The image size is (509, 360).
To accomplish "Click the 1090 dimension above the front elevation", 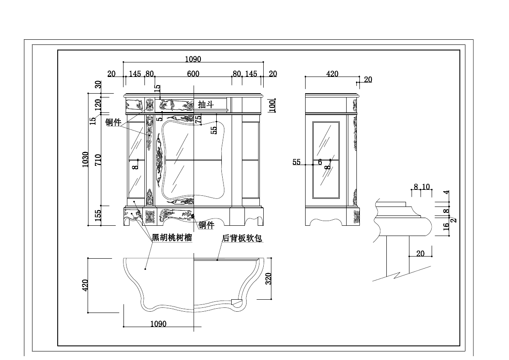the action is (x=193, y=59).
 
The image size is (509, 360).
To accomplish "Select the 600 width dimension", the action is (x=193, y=74).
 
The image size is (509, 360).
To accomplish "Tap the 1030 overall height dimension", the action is (x=85, y=159).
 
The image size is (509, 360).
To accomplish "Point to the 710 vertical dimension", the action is (x=98, y=159).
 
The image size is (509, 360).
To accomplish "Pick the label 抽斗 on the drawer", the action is (x=206, y=104).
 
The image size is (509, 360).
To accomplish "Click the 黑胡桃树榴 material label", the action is (x=172, y=238).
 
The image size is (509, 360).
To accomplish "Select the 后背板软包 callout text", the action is (x=242, y=238).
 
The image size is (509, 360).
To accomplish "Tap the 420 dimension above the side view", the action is (x=332, y=74).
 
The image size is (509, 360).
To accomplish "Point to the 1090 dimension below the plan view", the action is (x=158, y=324).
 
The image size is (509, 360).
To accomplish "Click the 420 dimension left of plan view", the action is (x=85, y=285).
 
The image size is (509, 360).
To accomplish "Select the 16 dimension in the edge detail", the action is (x=446, y=227).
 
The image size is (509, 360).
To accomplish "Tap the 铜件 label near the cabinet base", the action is (x=206, y=225).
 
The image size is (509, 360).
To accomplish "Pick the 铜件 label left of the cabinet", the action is (x=113, y=122).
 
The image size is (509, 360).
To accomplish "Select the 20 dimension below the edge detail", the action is (x=420, y=254).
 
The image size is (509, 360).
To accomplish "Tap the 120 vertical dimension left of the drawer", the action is (x=98, y=104).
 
